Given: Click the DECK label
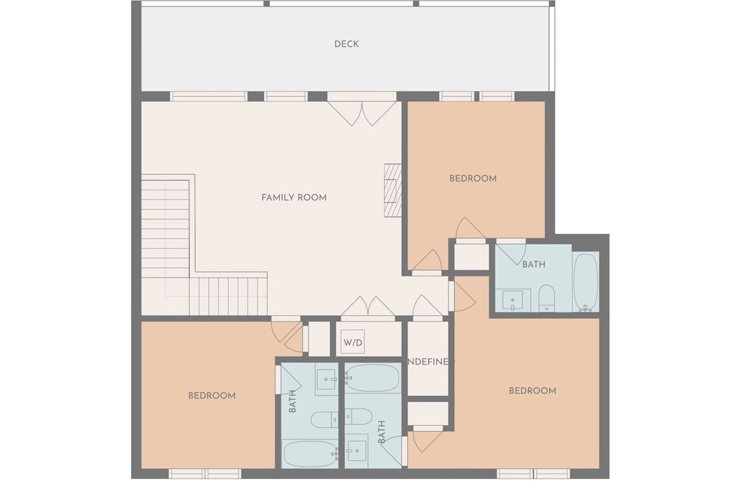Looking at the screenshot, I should tap(346, 44).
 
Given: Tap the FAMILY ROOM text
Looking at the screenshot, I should tap(294, 198).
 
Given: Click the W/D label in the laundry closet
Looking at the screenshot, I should tap(353, 341).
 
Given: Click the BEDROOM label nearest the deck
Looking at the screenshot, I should tap(473, 178).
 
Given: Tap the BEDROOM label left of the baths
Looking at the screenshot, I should tap(212, 395).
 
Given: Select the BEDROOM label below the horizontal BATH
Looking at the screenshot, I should tap(532, 390).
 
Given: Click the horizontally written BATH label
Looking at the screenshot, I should tap(534, 264).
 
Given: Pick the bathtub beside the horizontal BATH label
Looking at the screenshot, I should tap(585, 282).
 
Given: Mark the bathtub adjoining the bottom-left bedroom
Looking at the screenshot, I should tap(310, 454).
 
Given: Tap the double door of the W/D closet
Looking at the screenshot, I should tap(368, 307).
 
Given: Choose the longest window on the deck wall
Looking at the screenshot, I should tap(209, 96).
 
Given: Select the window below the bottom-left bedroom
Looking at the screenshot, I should tap(205, 474).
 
